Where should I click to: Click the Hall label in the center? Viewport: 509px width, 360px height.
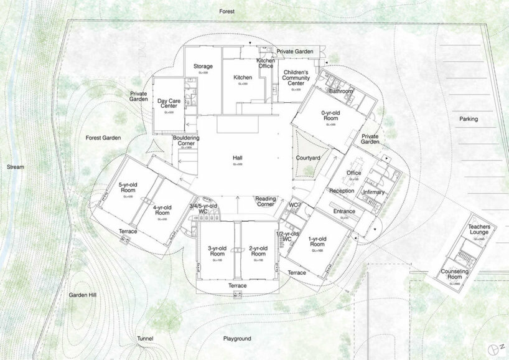[238, 159]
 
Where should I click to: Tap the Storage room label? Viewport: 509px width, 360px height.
[203, 67]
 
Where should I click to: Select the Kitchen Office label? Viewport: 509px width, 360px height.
[266, 63]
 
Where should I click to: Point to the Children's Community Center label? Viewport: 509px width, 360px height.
[293, 78]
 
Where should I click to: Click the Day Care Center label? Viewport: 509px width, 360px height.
[168, 103]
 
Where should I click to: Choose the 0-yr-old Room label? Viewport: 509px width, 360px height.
[330, 116]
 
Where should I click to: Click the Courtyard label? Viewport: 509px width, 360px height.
[307, 158]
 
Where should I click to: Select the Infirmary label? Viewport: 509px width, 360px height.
[373, 192]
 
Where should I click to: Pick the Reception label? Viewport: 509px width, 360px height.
[341, 191]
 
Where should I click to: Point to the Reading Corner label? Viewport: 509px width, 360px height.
[266, 202]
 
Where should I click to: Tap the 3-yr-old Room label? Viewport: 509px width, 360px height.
[217, 251]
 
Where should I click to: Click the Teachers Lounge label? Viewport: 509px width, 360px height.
[480, 230]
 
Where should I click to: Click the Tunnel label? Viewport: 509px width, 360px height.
[145, 339]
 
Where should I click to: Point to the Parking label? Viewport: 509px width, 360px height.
[469, 119]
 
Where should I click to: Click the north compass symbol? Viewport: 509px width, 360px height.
[496, 347]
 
